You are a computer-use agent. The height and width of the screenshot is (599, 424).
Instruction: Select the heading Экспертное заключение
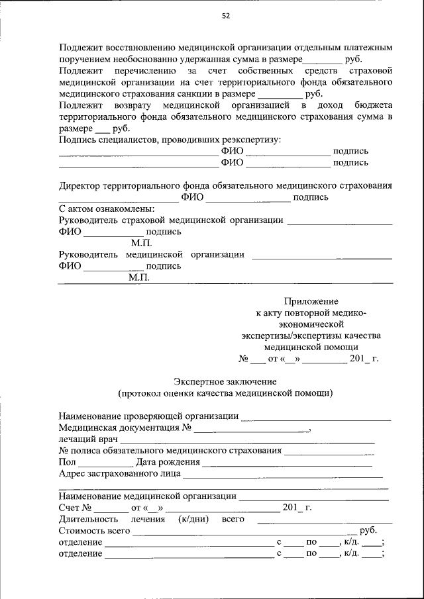225,382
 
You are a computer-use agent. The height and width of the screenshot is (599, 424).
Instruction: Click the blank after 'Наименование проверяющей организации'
316,417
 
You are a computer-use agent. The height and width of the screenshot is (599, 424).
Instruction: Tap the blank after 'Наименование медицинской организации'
313,496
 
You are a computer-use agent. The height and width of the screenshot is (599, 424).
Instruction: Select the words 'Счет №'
74,508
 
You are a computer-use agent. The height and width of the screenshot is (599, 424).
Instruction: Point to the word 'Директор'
79,186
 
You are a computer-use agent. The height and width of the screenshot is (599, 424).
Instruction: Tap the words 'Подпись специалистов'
107,140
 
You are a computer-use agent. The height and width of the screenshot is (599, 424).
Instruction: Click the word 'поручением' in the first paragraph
84,60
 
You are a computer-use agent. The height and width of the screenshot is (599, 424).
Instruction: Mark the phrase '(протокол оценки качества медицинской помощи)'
225,393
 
